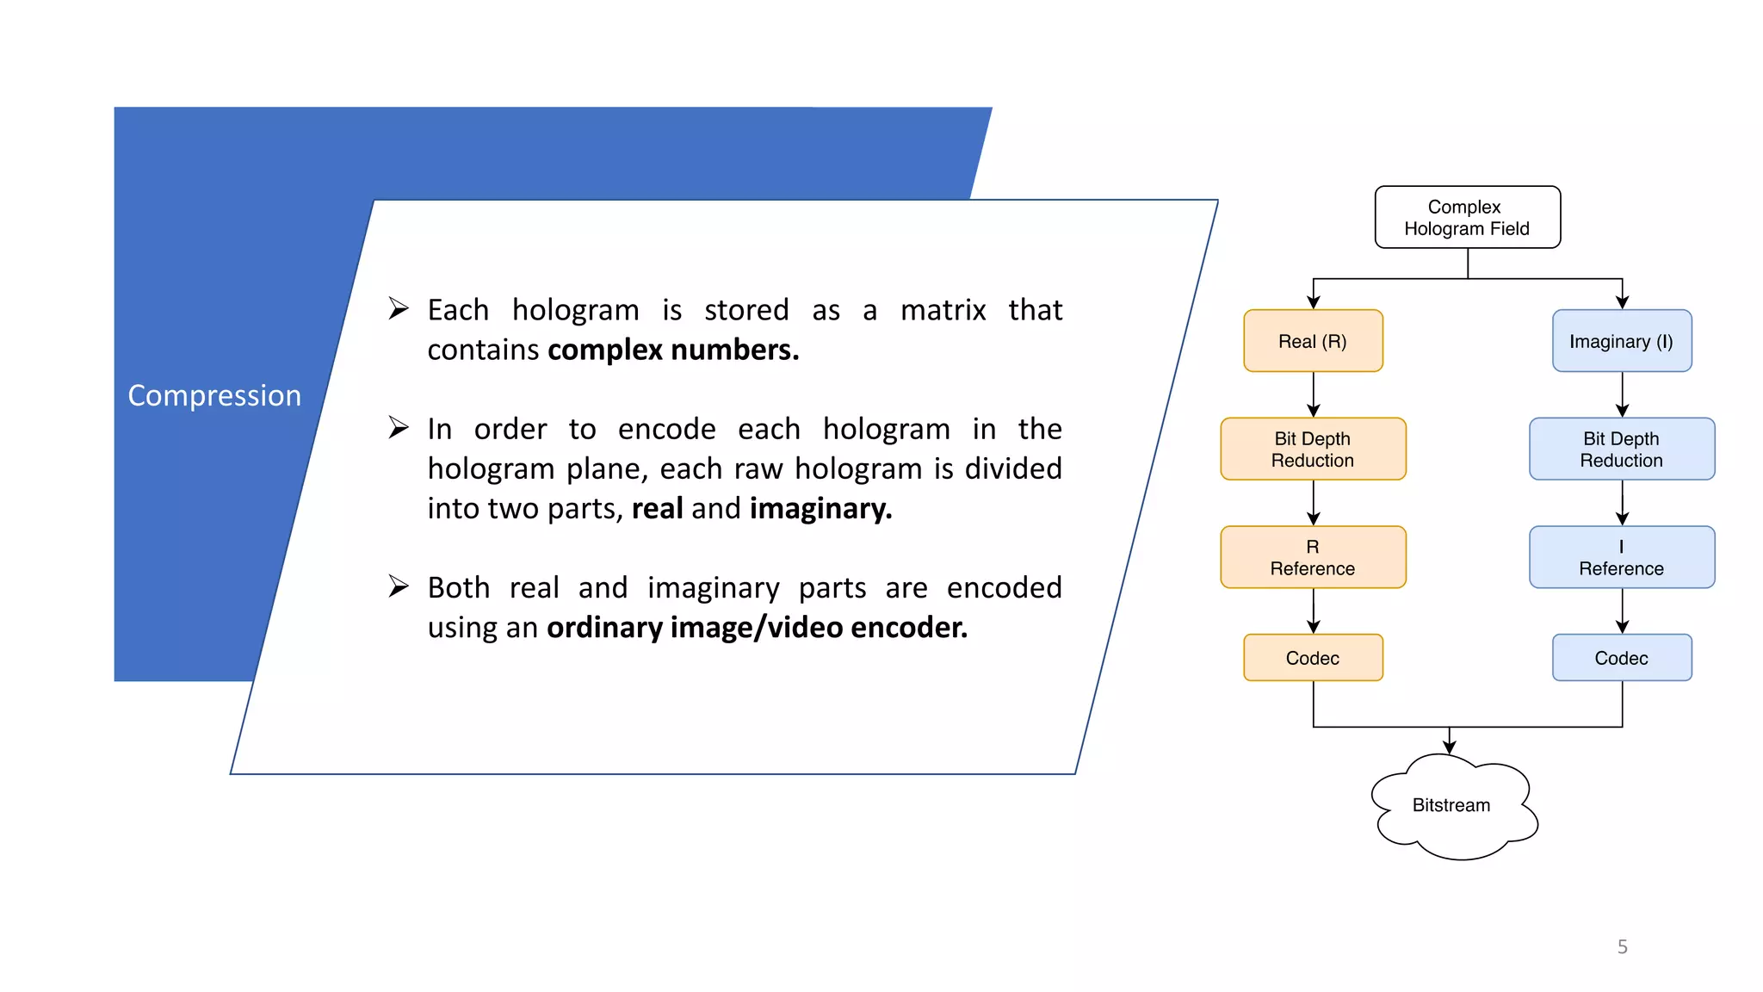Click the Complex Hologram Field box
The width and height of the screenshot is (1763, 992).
point(1467,217)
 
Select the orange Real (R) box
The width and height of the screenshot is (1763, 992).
point(1313,341)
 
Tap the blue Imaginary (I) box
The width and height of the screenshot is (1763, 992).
point(1621,341)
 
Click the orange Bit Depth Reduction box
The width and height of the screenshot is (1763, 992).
point(1313,449)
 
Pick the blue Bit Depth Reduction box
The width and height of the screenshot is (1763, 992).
point(1621,449)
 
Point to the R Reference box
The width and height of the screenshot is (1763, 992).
point(1313,557)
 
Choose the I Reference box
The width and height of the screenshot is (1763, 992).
point(1621,557)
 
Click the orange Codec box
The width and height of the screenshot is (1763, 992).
point(1313,658)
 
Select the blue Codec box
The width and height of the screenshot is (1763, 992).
point(1621,658)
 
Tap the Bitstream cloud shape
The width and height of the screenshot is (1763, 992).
point(1452,806)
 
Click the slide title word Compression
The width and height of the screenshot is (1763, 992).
point(214,395)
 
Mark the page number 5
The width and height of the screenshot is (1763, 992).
point(1622,946)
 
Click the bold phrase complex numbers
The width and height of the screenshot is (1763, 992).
point(673,350)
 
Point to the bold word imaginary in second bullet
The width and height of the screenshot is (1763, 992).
point(820,509)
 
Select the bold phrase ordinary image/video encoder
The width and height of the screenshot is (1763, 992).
point(757,628)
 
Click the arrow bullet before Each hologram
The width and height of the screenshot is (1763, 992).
point(398,308)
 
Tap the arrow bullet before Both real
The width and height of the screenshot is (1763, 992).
point(398,586)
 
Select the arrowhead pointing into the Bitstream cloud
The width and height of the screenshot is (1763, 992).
point(1450,746)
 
